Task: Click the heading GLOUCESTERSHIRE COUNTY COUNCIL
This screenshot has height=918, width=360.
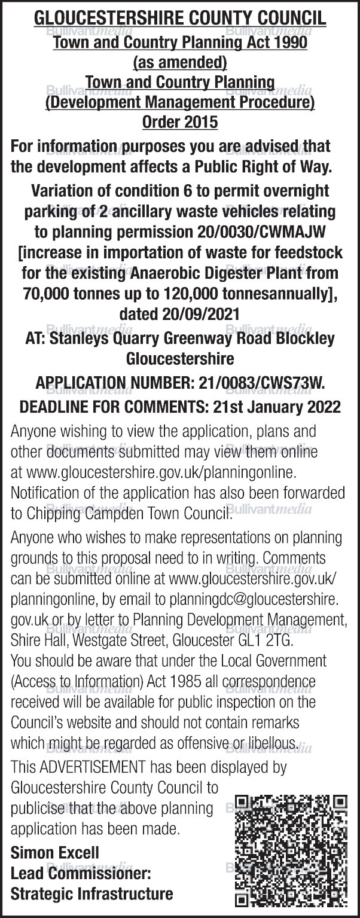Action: click(180, 18)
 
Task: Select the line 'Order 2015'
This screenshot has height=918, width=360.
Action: click(180, 123)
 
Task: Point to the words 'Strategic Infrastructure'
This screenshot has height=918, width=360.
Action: click(92, 893)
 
